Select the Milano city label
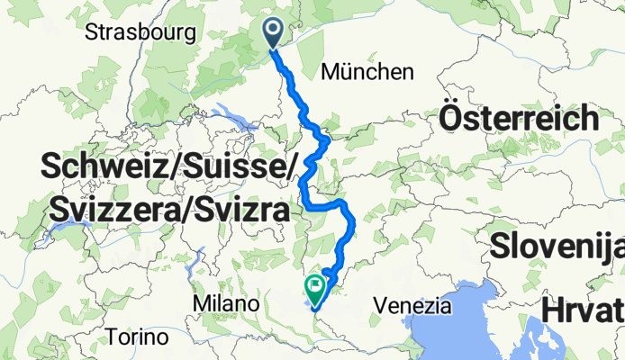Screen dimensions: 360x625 [x=220, y=304]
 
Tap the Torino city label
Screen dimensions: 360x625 [x=137, y=337]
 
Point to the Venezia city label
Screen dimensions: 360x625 [x=415, y=305]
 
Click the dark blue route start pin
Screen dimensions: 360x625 [x=274, y=33]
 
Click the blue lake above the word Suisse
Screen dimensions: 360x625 [x=236, y=116]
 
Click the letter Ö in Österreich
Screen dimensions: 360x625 [x=452, y=118]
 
